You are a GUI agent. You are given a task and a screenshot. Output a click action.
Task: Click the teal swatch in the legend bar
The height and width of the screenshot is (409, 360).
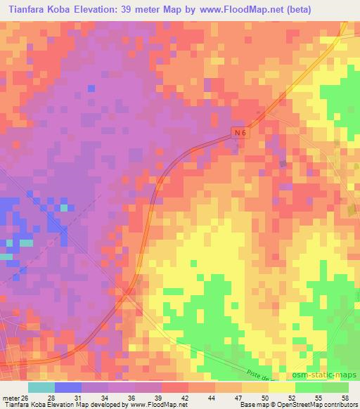click(x=41, y=388)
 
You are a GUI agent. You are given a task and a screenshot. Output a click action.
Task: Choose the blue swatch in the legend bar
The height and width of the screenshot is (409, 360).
click(x=68, y=388)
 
